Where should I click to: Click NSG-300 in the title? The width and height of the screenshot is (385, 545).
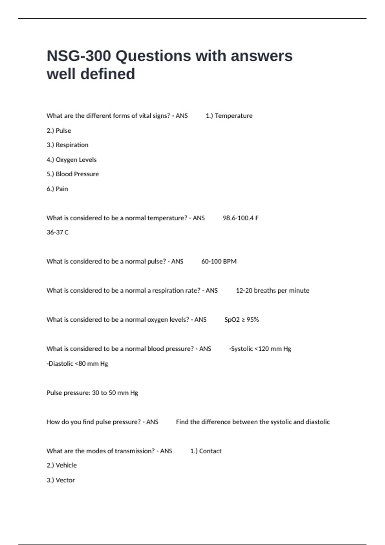[79, 56]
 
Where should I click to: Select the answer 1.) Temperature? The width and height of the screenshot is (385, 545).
[229, 116]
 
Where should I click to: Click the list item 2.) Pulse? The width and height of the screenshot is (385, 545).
[59, 130]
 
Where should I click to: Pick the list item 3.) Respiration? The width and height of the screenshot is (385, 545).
[67, 145]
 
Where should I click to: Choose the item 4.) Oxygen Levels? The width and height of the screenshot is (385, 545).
[72, 160]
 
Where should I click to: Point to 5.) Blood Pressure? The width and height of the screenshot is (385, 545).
[73, 174]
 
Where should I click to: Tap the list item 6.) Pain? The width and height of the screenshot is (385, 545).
[57, 189]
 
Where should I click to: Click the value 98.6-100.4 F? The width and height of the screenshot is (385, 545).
[240, 218]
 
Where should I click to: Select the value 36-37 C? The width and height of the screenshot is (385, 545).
[57, 232]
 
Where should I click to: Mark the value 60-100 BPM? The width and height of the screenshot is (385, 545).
[219, 261]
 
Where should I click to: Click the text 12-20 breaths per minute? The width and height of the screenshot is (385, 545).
[272, 290]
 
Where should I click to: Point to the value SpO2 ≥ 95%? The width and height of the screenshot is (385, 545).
[241, 320]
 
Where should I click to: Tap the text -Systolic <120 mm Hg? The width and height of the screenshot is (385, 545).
[260, 349]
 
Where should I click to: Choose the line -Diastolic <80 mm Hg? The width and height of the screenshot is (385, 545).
[77, 364]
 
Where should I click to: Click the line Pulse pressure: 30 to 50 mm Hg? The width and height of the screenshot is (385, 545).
[92, 393]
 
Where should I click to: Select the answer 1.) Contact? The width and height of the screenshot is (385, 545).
[206, 451]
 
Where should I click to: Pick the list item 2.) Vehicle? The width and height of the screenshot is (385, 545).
[62, 465]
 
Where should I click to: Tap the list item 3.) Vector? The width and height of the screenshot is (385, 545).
[61, 480]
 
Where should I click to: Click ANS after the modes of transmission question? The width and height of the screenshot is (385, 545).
[166, 451]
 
